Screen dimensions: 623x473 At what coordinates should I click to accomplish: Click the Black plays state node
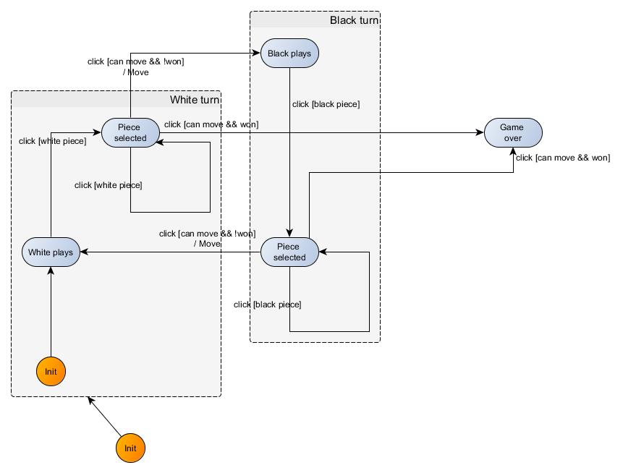[x=289, y=54]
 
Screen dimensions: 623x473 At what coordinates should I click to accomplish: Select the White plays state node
[x=51, y=252]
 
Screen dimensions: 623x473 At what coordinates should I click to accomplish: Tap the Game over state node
[x=513, y=132]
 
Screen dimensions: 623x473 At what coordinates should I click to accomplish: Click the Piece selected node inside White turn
[x=130, y=132]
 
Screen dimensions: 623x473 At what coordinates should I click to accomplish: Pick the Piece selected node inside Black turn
[x=289, y=252]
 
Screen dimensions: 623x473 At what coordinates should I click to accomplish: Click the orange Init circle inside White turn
[x=51, y=371]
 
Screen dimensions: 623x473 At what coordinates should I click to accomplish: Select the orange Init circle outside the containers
[x=130, y=448]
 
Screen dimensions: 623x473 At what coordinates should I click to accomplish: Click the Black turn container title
[x=354, y=20]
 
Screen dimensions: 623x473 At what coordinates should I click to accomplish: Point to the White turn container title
[x=195, y=100]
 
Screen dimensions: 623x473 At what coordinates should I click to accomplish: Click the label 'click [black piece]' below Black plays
[x=326, y=104]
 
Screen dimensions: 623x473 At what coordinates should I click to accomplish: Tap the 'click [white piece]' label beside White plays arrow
[x=52, y=141]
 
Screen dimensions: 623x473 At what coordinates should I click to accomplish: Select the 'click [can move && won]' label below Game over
[x=563, y=158]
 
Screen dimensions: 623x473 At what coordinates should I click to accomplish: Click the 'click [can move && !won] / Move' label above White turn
[x=136, y=67]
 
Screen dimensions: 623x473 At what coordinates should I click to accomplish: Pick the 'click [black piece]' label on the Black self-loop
[x=268, y=304]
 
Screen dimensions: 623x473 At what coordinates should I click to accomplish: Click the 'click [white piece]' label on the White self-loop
[x=108, y=185]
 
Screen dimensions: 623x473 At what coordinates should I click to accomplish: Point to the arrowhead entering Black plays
[x=257, y=53]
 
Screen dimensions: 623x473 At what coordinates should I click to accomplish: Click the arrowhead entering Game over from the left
[x=480, y=132]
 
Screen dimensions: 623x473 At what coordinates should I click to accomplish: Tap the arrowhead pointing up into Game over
[x=513, y=152]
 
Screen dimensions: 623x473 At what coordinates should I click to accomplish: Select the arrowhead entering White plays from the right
[x=84, y=252]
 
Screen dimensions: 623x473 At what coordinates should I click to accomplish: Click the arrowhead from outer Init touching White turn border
[x=90, y=400]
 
